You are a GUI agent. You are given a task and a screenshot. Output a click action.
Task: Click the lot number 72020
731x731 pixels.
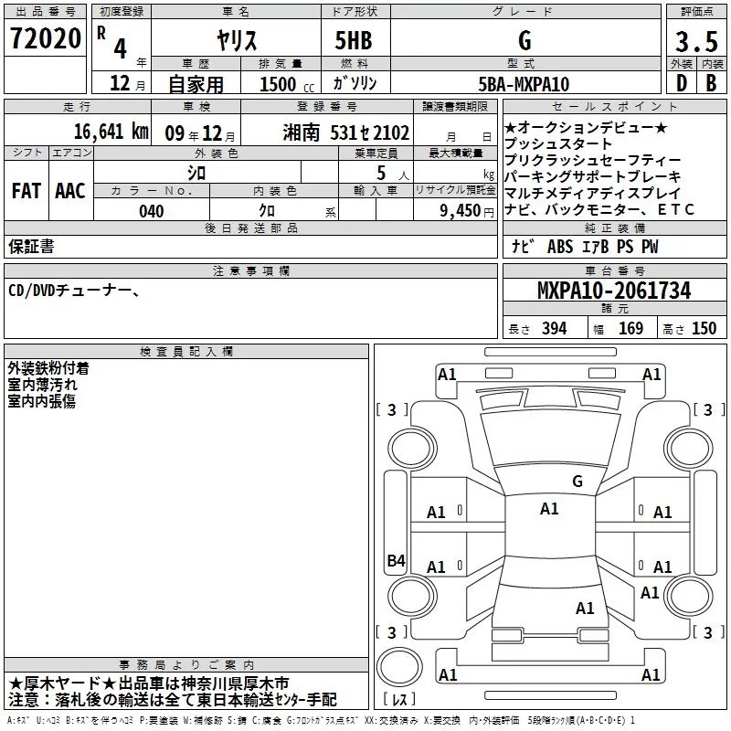46,38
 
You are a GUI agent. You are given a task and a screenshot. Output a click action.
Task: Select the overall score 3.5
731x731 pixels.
696,41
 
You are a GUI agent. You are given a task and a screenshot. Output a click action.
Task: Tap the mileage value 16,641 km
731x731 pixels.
111,132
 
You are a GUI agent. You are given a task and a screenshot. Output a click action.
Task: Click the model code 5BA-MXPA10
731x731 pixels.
524,84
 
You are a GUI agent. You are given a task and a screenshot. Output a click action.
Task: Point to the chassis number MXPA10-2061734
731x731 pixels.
614,291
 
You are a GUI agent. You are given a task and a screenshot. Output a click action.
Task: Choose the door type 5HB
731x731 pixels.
354,40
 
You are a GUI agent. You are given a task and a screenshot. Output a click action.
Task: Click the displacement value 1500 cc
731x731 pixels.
287,84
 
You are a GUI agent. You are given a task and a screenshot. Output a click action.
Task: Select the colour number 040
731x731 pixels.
152,211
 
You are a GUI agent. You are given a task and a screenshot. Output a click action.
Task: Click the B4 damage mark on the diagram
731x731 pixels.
397,560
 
